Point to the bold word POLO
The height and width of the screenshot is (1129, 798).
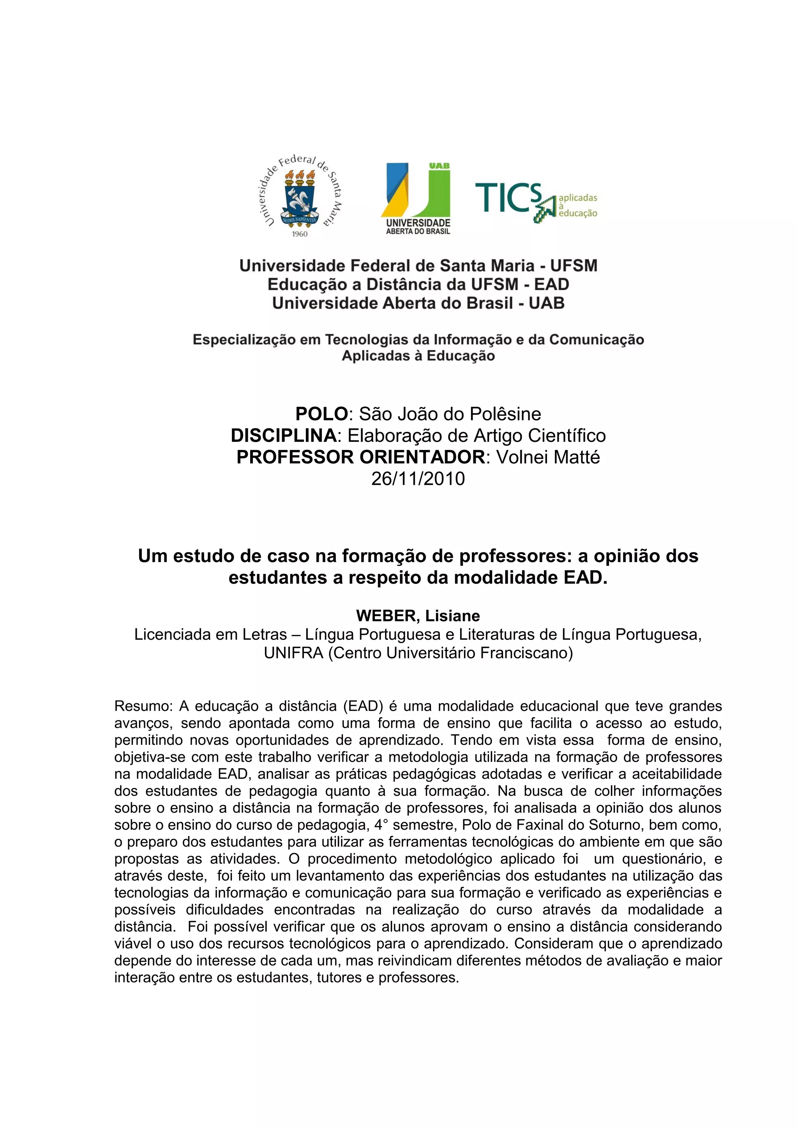(321, 414)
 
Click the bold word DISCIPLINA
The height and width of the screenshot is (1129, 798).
(284, 436)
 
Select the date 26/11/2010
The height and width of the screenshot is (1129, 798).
(418, 478)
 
